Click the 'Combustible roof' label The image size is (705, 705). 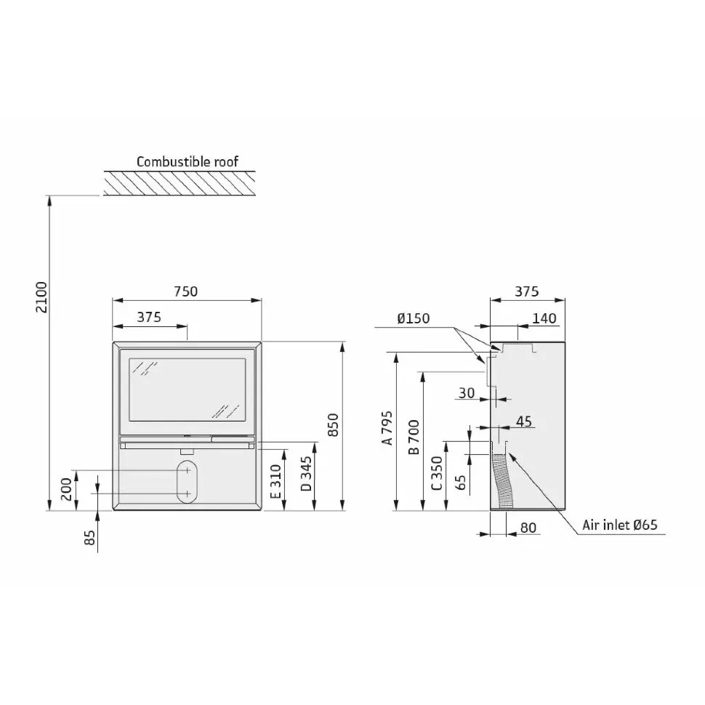[x=187, y=161]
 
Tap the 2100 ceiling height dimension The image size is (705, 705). [x=41, y=297]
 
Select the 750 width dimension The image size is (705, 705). [x=185, y=291]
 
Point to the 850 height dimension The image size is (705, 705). [x=333, y=424]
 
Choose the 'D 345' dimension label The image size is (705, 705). [x=306, y=474]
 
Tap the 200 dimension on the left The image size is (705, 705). [x=66, y=489]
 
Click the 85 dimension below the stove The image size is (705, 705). [x=90, y=537]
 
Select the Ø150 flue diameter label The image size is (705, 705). [x=414, y=318]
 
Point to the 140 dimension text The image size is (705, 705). [x=544, y=318]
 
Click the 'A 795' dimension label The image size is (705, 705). [x=387, y=427]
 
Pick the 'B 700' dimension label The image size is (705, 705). [x=414, y=437]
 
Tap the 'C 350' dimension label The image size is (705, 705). [x=437, y=473]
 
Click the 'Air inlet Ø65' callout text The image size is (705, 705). [x=620, y=525]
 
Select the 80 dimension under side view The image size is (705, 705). [x=528, y=528]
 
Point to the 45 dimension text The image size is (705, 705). [x=524, y=422]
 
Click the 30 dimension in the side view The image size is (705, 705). [x=467, y=393]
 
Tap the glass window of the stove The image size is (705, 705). [x=188, y=390]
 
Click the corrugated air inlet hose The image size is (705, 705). [x=503, y=481]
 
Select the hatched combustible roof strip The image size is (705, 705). [x=180, y=183]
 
